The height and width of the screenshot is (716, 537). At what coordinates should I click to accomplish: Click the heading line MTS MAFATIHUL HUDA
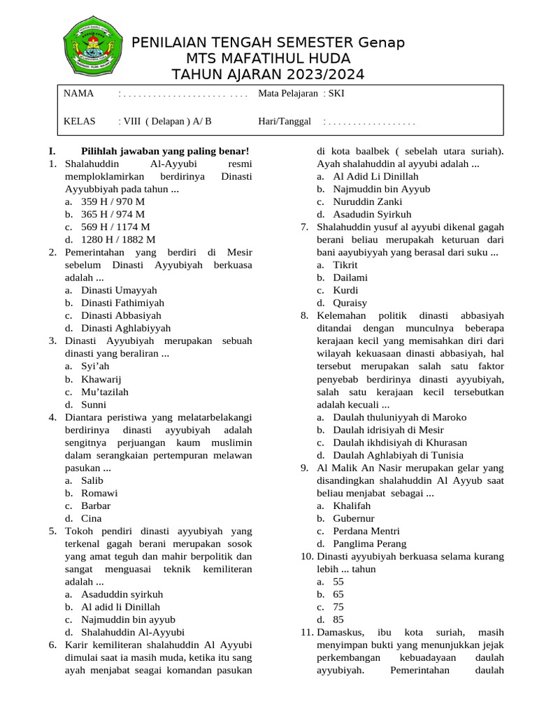268,59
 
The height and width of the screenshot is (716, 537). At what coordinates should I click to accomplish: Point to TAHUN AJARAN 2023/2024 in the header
268,76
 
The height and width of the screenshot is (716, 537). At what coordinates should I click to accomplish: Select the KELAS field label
79,122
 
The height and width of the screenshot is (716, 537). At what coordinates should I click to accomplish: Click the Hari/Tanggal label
284,122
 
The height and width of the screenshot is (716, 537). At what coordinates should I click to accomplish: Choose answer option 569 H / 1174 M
115,227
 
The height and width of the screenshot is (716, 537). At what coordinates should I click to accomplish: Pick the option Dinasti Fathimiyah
122,303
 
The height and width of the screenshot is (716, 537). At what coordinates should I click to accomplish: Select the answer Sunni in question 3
94,404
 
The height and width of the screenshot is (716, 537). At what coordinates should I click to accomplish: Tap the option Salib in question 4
92,480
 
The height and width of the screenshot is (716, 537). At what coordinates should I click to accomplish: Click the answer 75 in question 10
338,607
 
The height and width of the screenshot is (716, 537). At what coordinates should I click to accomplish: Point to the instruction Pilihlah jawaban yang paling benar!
165,151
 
